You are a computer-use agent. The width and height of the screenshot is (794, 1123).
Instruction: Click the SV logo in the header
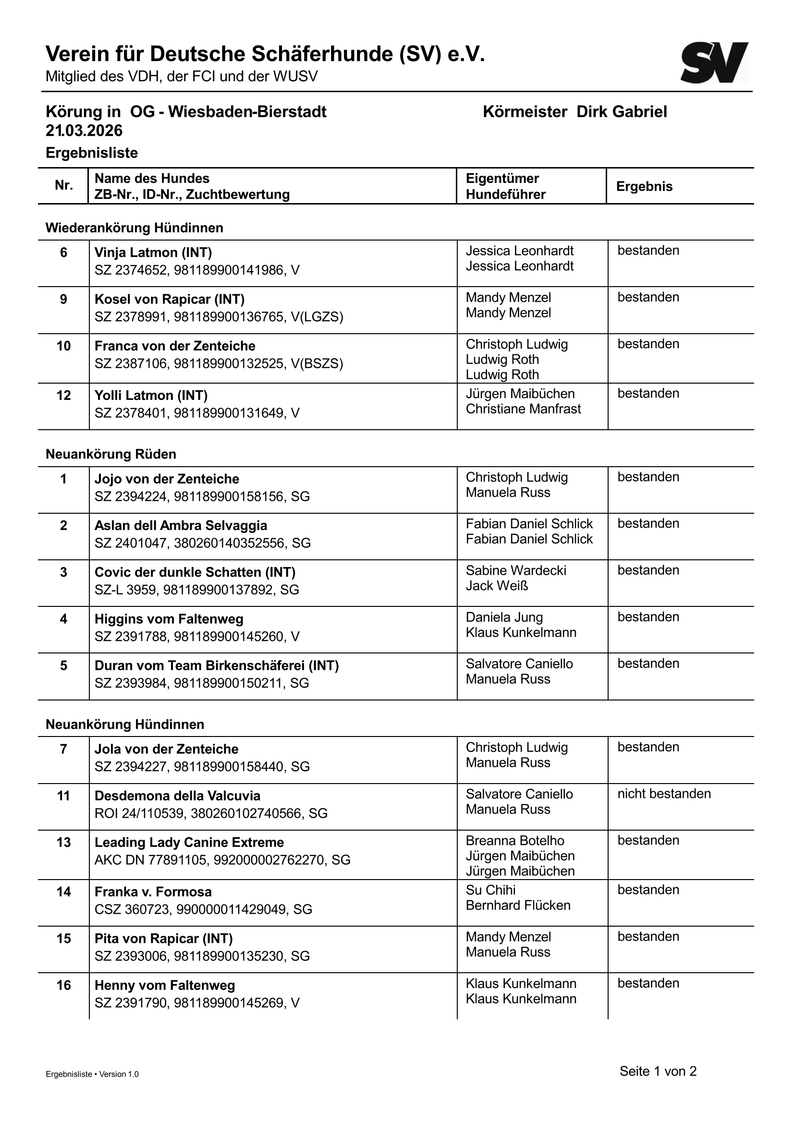tap(714, 62)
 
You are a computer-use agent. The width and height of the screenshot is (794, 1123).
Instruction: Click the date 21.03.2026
tap(84, 131)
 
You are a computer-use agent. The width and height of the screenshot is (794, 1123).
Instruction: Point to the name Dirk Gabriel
tap(621, 112)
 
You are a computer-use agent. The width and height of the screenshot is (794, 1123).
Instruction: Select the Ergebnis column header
tap(644, 186)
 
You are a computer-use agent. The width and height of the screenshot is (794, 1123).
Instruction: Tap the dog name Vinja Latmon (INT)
tap(153, 253)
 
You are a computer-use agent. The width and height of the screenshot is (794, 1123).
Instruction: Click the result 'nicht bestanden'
tap(663, 794)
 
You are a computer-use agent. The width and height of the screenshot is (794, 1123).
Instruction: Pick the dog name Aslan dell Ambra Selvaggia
tap(181, 526)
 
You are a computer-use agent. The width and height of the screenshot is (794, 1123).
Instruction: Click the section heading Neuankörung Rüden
tap(110, 454)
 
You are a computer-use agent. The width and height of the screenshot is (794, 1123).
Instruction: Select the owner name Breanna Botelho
tap(514, 841)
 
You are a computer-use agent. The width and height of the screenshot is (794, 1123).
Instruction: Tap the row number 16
tap(63, 985)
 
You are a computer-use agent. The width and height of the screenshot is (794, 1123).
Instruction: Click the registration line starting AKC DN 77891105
tap(222, 860)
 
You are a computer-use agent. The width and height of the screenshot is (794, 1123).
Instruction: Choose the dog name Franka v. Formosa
tap(153, 892)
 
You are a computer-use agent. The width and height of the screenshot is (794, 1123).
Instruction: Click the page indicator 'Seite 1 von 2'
tap(658, 1071)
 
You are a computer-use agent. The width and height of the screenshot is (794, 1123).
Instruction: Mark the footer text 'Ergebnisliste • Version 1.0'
tap(92, 1075)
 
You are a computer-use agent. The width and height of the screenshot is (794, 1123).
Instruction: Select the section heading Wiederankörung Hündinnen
tap(134, 228)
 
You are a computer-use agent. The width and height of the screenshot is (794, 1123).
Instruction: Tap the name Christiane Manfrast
tap(523, 409)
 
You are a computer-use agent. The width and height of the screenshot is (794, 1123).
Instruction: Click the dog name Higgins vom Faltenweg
tap(169, 619)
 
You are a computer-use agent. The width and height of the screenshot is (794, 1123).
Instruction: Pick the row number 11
tap(63, 796)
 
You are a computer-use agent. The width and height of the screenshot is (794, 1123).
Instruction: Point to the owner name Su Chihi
tap(490, 890)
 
